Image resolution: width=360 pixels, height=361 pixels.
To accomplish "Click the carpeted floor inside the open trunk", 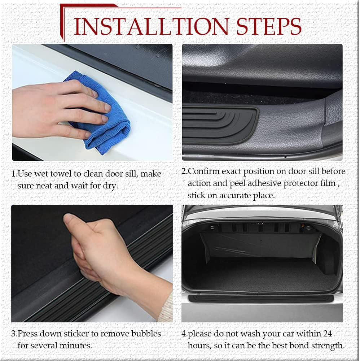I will point(260,278).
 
